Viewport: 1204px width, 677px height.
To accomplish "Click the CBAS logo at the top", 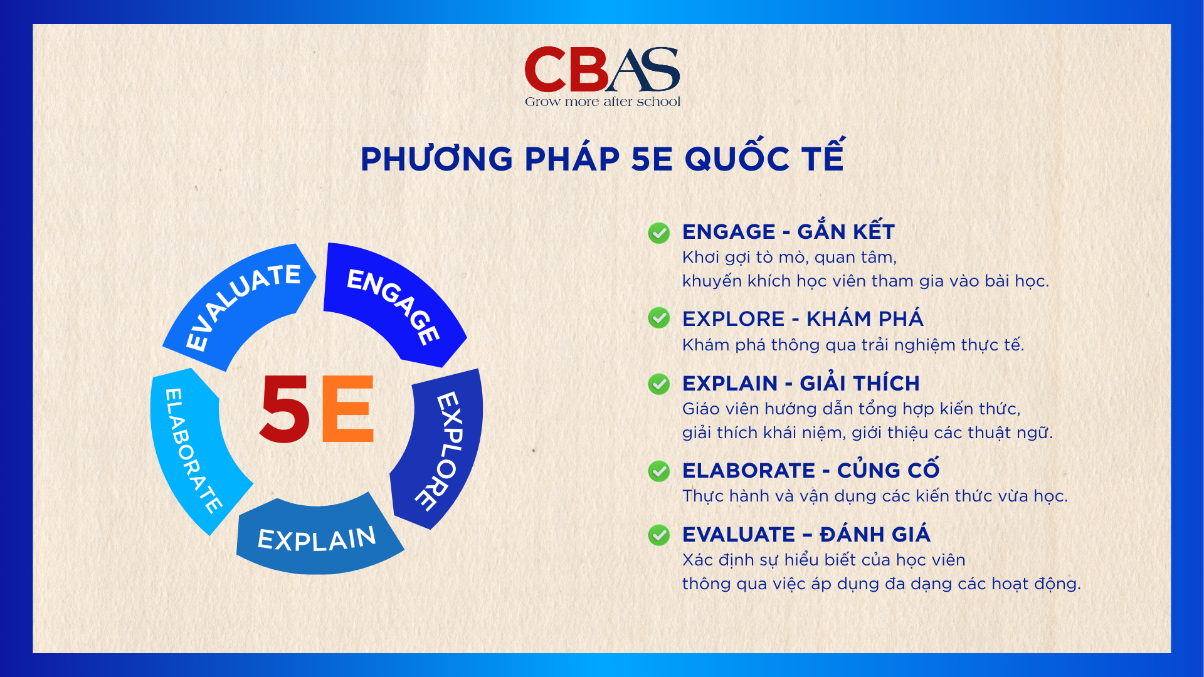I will tap(602, 69).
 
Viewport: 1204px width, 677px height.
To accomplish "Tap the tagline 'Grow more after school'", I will tap(602, 102).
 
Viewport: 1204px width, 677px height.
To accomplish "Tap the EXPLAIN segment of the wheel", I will tap(317, 538).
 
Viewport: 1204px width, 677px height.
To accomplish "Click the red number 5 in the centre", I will tap(285, 409).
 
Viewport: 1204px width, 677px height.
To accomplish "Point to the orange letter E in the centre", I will tap(347, 409).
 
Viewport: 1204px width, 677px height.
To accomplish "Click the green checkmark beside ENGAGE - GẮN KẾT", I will tap(658, 233).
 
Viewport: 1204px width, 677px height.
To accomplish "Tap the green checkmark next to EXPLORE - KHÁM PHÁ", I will tap(658, 318).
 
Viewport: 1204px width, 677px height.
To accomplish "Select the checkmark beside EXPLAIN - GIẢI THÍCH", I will tap(658, 384).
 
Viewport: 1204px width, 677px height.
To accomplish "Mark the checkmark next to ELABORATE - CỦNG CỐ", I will tap(658, 471).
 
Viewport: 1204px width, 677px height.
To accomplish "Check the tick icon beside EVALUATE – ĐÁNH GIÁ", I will tap(658, 535).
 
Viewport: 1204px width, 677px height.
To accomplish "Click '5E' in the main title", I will tap(652, 159).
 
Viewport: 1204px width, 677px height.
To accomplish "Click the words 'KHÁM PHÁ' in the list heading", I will tap(865, 319).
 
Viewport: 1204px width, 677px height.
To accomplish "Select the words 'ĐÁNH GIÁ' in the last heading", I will tap(875, 535).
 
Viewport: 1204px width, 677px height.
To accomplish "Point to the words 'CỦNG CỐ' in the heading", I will tap(888, 470).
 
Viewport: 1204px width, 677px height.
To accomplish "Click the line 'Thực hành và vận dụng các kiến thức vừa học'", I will tap(874, 496).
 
